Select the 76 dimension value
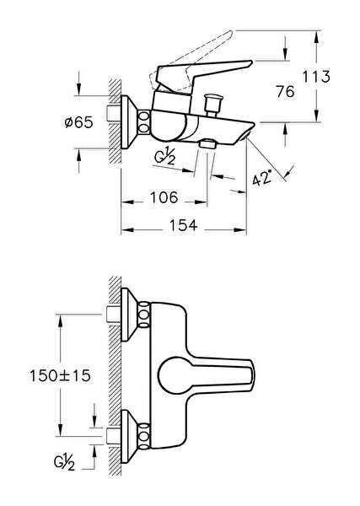[x=285, y=91]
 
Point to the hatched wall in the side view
[x=116, y=118]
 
